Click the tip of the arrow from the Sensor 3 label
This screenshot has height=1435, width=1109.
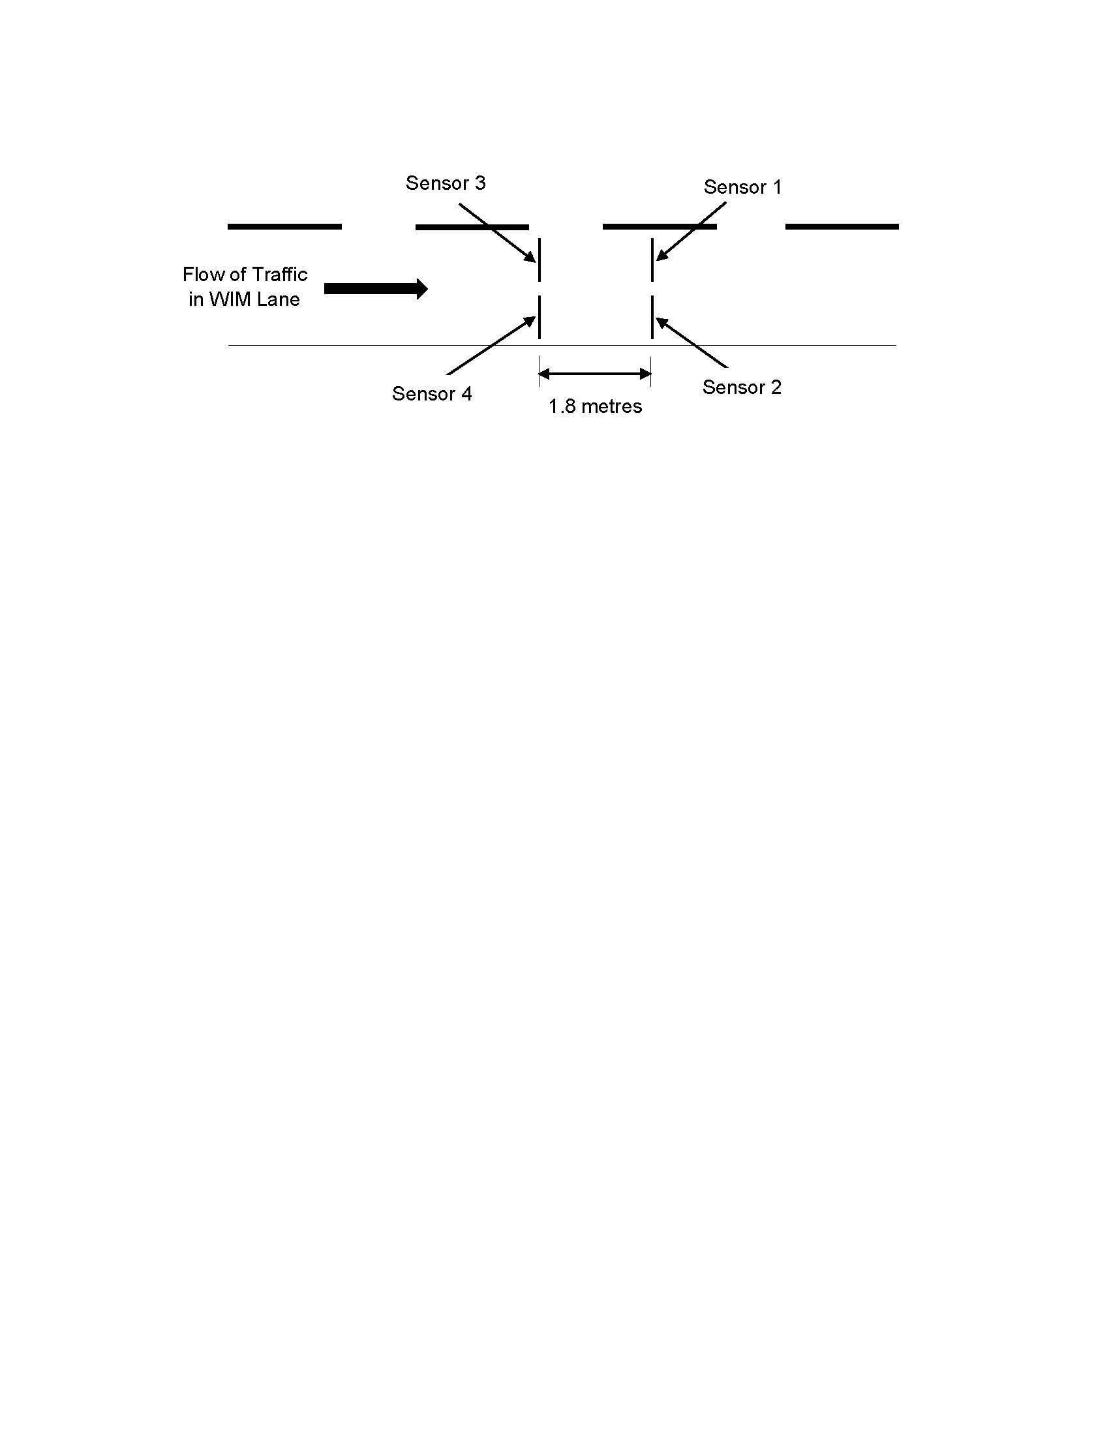536,262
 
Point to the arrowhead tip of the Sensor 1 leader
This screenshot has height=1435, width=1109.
656,261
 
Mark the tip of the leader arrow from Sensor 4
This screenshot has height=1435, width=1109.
536,318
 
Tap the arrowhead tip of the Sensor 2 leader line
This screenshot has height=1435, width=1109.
656,318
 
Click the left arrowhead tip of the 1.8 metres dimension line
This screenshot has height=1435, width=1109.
539,374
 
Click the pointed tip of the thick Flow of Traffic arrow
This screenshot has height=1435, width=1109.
429,288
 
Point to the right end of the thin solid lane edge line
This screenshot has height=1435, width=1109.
896,345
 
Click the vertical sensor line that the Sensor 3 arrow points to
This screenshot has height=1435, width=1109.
539,260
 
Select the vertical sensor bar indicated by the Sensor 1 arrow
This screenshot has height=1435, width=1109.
652,260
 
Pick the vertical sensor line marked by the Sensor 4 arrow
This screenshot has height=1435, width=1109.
539,318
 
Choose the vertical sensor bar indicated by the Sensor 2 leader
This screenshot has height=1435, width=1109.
652,318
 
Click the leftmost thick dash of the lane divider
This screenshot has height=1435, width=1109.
284,227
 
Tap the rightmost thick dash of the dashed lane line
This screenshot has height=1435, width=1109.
842,227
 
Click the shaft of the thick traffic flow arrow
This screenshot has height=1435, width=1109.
371,289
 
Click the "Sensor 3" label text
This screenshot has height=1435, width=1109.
446,183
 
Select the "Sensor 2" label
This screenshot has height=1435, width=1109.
742,387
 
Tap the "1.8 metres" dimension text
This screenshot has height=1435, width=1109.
595,406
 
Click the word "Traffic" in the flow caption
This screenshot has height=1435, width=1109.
281,273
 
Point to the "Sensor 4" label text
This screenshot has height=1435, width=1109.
432,393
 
